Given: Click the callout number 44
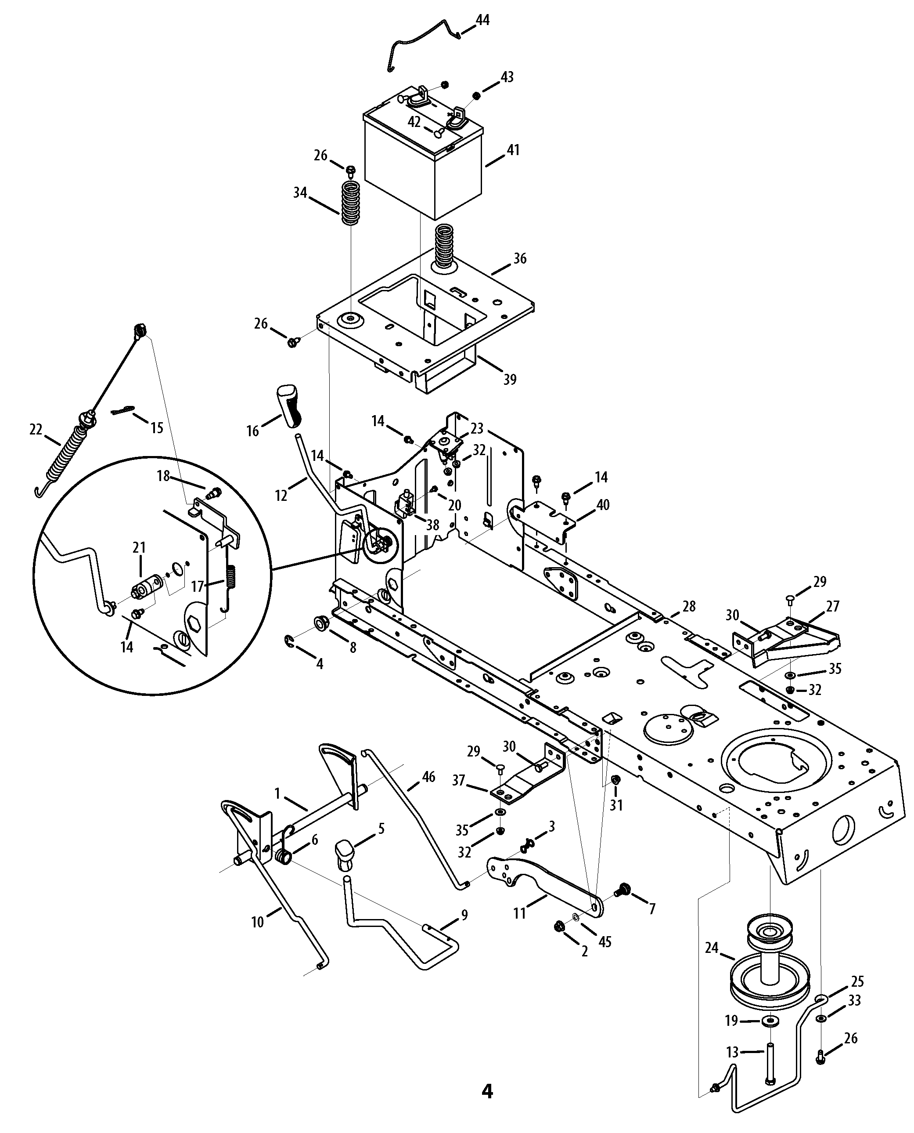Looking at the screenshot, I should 482,21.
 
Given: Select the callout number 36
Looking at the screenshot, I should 520,259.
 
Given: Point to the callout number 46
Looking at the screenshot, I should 428,777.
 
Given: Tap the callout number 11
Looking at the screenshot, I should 520,913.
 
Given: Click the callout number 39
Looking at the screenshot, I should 510,379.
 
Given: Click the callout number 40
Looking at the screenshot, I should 602,505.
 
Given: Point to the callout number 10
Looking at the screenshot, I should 257,922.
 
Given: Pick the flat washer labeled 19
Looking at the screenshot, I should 770,1021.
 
